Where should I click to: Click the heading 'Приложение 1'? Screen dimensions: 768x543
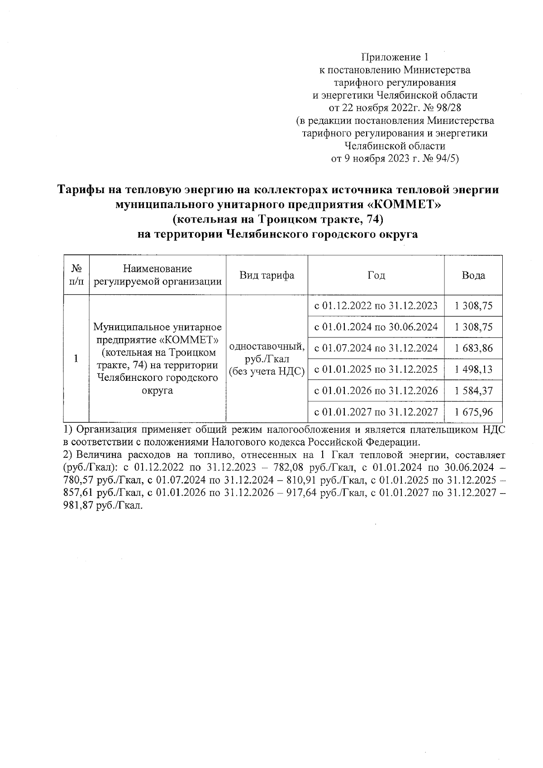(x=394, y=57)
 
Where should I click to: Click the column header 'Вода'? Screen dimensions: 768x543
(x=473, y=275)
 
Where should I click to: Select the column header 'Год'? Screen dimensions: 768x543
(x=376, y=275)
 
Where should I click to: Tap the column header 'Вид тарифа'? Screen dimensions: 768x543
(x=267, y=275)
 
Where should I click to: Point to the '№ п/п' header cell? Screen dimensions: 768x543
(x=76, y=275)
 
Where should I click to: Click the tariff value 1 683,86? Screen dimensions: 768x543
(x=474, y=348)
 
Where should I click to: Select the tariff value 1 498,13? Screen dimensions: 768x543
(x=474, y=370)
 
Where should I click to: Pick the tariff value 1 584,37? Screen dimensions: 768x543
(x=474, y=391)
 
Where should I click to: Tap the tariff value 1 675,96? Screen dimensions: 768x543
(x=474, y=412)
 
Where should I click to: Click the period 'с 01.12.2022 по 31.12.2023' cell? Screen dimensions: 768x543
(x=376, y=306)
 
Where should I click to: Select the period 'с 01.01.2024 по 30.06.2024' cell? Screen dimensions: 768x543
(x=376, y=327)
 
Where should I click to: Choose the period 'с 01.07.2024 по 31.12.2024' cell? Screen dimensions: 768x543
(x=376, y=348)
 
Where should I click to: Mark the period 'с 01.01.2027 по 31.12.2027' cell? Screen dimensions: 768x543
(x=376, y=412)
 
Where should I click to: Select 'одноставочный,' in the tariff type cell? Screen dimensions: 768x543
(x=267, y=346)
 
